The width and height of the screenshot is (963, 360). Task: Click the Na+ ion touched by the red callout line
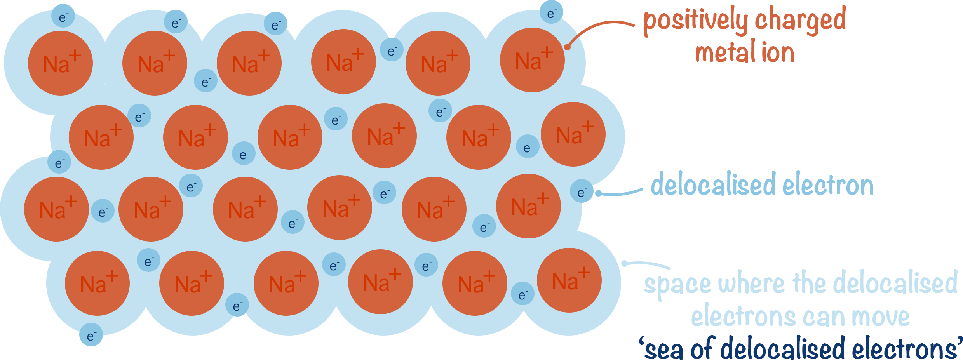click(x=532, y=60)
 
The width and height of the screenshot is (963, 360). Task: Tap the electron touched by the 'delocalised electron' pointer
click(x=582, y=191)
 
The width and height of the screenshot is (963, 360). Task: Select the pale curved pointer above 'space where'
click(x=647, y=264)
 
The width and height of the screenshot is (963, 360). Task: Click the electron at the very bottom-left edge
click(x=91, y=335)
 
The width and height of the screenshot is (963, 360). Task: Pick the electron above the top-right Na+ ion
click(x=551, y=12)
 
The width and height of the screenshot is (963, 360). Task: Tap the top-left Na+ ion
click(x=60, y=63)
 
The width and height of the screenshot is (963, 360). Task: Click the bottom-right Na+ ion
click(x=569, y=280)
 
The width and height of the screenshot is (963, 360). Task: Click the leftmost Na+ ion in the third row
click(x=56, y=209)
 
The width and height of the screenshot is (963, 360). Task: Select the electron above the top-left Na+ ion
click(x=63, y=16)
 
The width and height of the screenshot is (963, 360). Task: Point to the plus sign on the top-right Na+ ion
click(x=547, y=52)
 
